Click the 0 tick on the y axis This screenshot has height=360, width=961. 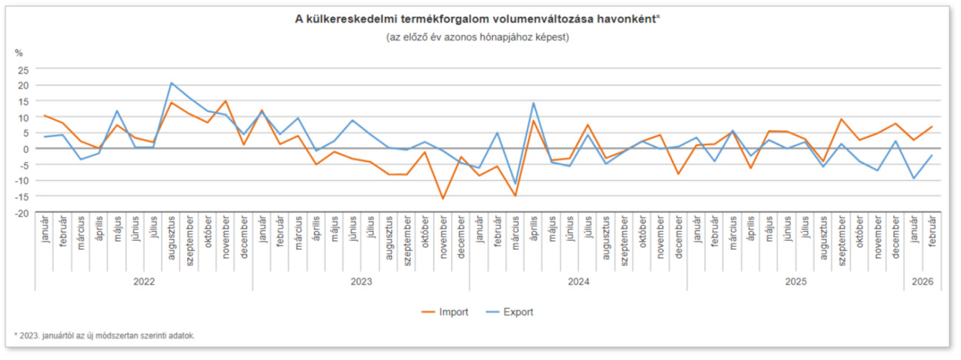click(x=26, y=149)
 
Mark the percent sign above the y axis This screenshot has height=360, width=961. click(x=20, y=52)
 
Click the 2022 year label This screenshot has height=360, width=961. click(x=143, y=282)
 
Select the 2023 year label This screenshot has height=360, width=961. click(x=361, y=282)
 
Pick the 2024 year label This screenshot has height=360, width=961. click(x=578, y=282)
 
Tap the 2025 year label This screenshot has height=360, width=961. click(x=795, y=282)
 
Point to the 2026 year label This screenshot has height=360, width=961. click(x=923, y=282)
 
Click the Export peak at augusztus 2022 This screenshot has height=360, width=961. click(x=171, y=83)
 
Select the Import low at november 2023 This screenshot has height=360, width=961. click(x=443, y=198)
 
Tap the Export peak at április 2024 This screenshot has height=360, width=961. click(x=533, y=103)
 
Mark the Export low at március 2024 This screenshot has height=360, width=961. click(x=515, y=183)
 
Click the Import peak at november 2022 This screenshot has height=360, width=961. click(x=225, y=101)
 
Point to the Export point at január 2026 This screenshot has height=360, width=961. click(x=914, y=178)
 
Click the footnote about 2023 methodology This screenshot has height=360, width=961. click(x=104, y=336)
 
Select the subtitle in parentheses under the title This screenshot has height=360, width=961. click(x=477, y=36)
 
